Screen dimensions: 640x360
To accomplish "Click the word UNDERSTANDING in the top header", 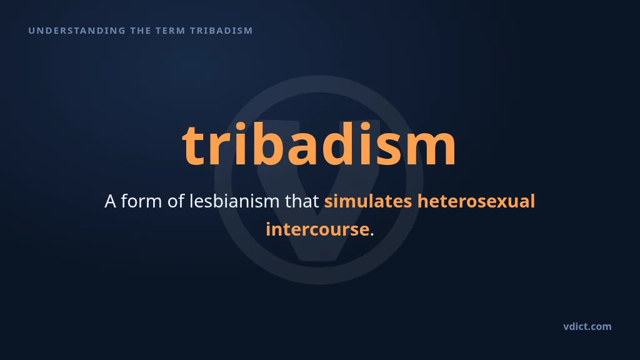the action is (x=77, y=31).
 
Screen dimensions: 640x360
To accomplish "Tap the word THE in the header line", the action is (x=141, y=31).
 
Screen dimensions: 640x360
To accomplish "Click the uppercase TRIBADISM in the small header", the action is (x=221, y=31).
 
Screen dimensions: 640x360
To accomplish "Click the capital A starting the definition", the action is (x=110, y=201).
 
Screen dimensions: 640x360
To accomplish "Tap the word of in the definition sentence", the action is (x=176, y=201).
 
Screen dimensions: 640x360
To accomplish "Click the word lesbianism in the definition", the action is (x=234, y=201).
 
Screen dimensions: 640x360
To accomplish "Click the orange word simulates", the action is (x=368, y=201).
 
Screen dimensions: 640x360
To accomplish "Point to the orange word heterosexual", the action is (x=476, y=201).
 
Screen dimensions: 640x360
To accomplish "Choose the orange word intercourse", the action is (x=317, y=229).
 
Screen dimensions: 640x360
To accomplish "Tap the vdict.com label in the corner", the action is (x=587, y=326).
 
